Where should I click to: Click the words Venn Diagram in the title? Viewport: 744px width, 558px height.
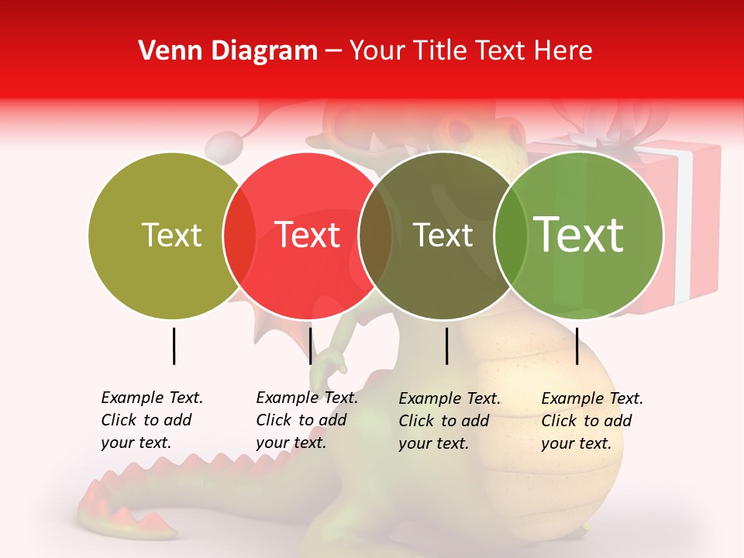[x=228, y=51]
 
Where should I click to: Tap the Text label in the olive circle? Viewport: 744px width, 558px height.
[x=171, y=235]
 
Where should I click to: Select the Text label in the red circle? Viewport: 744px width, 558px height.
[x=308, y=235]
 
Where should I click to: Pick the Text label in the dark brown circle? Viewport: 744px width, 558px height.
[x=443, y=235]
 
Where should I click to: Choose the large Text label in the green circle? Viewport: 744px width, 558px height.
[x=579, y=235]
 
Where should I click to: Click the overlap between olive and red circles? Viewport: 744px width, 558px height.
[x=239, y=236]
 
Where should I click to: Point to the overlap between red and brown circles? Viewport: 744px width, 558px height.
[x=375, y=236]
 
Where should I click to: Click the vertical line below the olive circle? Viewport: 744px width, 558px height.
[x=174, y=346]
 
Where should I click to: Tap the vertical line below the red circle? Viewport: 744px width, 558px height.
[x=310, y=346]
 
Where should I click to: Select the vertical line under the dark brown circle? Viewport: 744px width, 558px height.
[x=446, y=346]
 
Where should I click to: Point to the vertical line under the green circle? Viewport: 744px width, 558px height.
[x=577, y=346]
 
